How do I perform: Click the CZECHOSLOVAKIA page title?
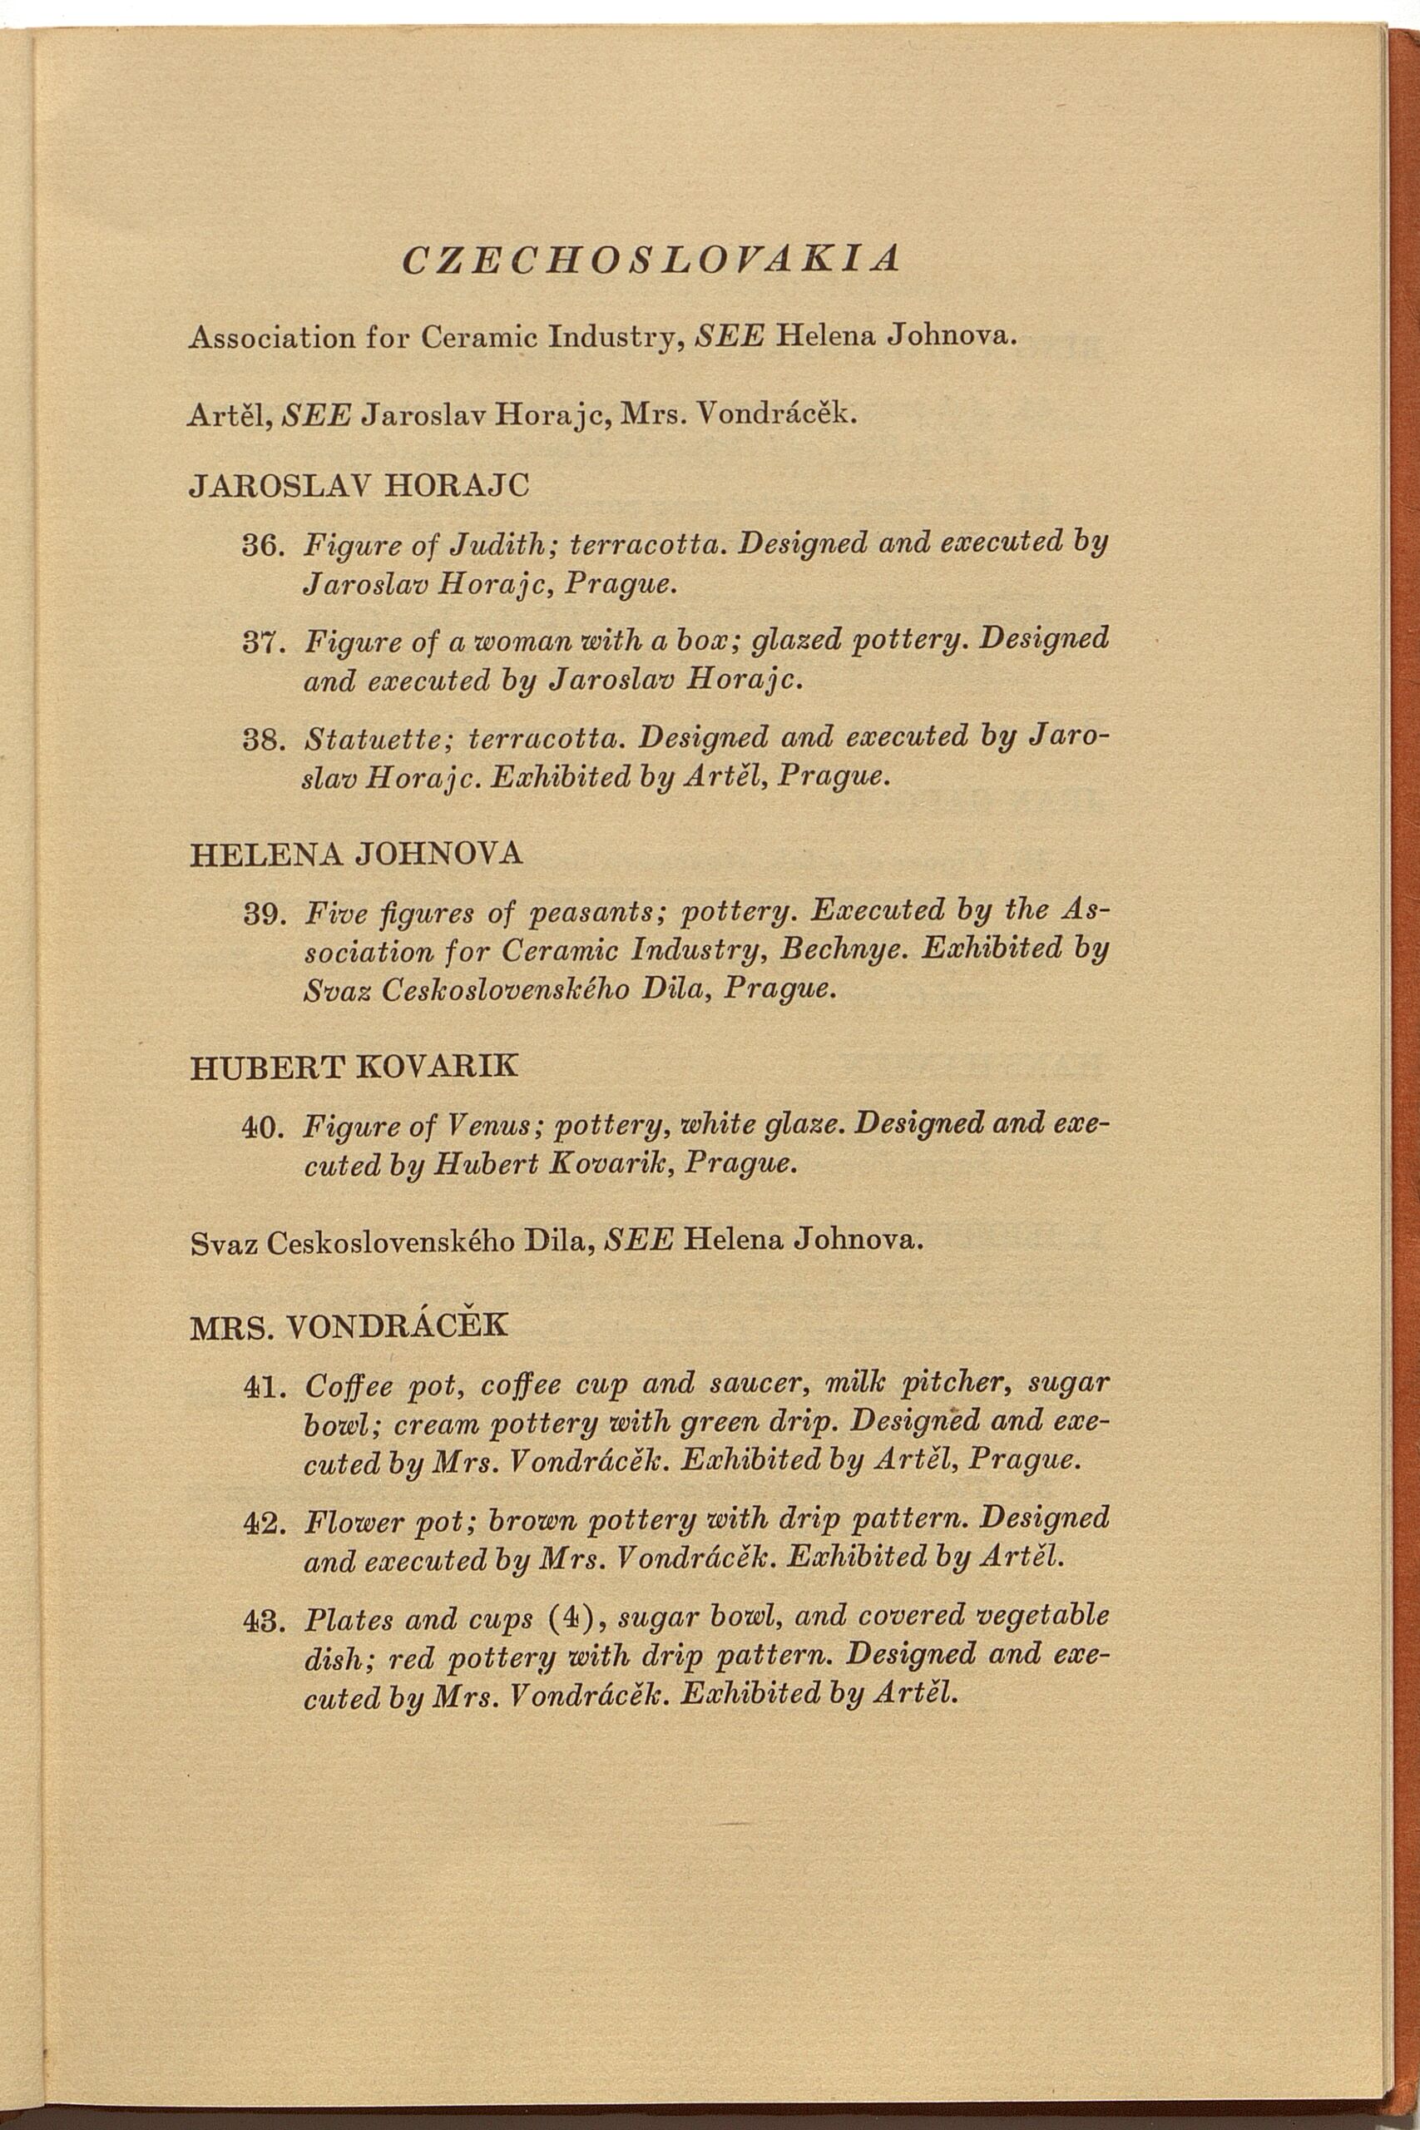pyautogui.click(x=651, y=260)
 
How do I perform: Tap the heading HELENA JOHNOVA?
pyautogui.click(x=356, y=854)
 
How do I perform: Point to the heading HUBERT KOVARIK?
pyautogui.click(x=354, y=1066)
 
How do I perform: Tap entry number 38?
pyautogui.click(x=265, y=741)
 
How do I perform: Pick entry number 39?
pyautogui.click(x=265, y=914)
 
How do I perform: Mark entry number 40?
pyautogui.click(x=265, y=1128)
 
